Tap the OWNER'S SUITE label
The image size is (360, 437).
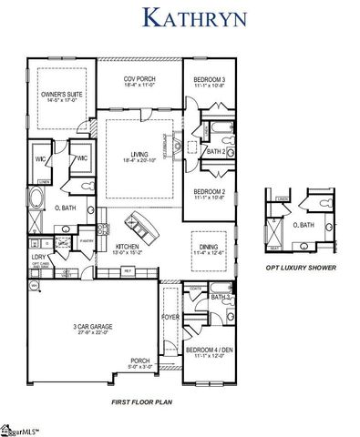60,95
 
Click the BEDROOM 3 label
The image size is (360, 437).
211,83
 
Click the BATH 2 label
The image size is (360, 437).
216,152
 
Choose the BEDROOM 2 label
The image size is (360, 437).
211,193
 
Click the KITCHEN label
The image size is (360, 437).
127,246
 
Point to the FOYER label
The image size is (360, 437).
171,318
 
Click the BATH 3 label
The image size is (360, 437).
220,297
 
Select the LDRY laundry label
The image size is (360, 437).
38,258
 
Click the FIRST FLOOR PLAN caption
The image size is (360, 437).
140,401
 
